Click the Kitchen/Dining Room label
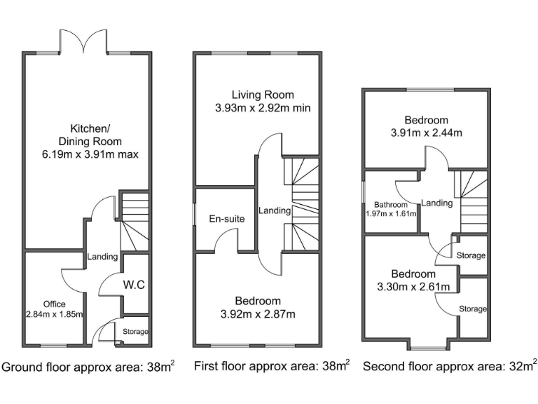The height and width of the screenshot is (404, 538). tap(89, 141)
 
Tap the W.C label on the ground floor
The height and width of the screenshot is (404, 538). tap(134, 285)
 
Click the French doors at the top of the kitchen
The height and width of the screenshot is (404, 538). tap(84, 43)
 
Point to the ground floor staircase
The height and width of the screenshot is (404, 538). tap(134, 222)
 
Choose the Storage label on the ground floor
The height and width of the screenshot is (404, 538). tap(135, 331)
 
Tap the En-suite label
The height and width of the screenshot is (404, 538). tap(226, 219)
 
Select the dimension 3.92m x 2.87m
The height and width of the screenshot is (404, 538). tap(258, 314)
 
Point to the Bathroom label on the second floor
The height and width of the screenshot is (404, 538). tap(391, 205)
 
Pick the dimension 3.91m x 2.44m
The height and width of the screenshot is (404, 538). tap(426, 133)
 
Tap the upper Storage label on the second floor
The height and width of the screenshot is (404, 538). tap(470, 256)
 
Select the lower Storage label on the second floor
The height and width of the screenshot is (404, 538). tap(473, 309)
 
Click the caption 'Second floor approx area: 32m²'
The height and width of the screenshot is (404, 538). tap(449, 365)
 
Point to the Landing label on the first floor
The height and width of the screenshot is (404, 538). tap(270, 210)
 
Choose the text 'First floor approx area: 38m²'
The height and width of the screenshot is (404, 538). tap(271, 366)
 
